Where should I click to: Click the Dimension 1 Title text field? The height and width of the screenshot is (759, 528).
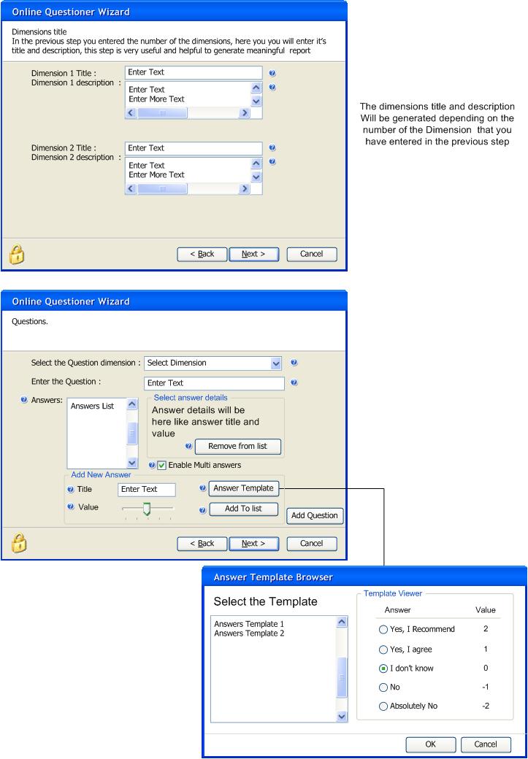194,72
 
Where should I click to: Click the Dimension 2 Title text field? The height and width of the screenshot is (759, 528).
194,148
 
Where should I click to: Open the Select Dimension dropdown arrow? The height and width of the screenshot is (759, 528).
275,363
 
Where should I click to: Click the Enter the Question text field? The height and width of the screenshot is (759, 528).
214,383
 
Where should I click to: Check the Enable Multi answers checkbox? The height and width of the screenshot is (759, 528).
162,465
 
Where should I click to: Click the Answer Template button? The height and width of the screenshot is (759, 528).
244,488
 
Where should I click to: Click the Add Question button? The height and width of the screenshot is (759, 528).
314,515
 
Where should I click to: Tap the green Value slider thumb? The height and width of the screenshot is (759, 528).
148,509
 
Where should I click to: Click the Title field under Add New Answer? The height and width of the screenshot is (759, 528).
147,490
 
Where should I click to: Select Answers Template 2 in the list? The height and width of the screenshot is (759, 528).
249,633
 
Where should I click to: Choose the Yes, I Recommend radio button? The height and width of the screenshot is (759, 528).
383,629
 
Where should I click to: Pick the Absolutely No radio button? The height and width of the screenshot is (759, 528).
383,706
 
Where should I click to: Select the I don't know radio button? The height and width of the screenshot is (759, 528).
383,669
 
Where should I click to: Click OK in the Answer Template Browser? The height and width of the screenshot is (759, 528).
431,744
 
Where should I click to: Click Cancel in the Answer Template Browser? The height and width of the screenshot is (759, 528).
486,744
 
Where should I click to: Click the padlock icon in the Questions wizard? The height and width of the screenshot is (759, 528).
18,543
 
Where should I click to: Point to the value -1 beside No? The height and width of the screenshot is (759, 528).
486,687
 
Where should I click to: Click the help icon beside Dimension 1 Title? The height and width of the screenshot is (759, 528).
272,74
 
